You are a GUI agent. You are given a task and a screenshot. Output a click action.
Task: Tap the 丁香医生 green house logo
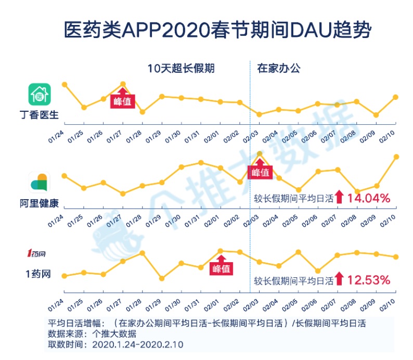38,95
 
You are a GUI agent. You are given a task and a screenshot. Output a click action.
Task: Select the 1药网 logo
37,253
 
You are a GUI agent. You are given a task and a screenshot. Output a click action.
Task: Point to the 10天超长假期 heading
181,68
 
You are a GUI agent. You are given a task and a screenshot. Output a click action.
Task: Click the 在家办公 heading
278,68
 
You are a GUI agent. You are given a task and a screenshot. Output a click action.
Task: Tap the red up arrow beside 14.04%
339,197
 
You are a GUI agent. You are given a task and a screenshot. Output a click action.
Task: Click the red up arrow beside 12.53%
339,279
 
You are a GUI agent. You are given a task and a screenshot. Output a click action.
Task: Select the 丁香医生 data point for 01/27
123,84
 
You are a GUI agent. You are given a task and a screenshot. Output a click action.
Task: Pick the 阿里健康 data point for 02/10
396,157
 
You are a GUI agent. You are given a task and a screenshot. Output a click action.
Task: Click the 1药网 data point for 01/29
162,278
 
